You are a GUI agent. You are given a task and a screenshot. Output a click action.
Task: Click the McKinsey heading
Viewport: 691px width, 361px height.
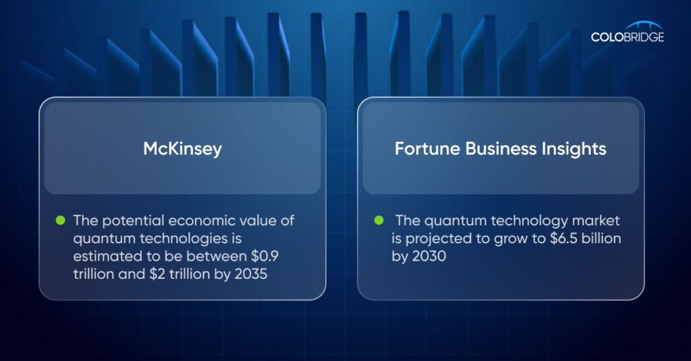(x=182, y=149)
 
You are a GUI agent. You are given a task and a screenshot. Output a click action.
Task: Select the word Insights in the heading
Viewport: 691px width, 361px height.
(x=574, y=149)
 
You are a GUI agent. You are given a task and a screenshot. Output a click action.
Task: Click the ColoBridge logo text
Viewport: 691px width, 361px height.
(x=628, y=37)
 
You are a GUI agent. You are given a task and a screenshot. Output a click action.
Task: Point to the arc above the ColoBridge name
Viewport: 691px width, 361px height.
(x=644, y=24)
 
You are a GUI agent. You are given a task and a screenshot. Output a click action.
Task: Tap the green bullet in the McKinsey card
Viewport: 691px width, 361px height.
(x=60, y=220)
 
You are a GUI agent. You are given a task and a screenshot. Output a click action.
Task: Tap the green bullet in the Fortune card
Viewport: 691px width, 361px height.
(x=379, y=220)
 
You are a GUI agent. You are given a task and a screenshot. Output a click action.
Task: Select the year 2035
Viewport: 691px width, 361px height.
(x=251, y=274)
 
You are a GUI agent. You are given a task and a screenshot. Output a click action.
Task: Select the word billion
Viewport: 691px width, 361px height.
(x=601, y=238)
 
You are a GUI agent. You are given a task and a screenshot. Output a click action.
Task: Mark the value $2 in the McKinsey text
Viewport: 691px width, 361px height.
(x=157, y=274)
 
